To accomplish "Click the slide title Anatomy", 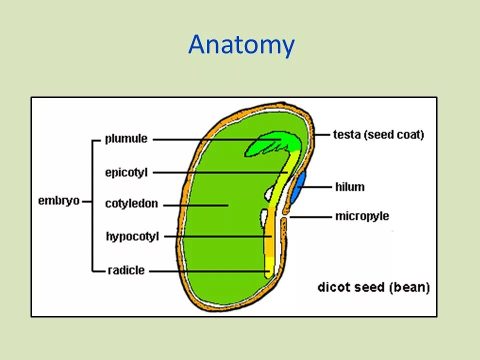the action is pos(241,45).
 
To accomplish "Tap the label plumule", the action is pos(126,139).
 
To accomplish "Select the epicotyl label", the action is pos(126,173).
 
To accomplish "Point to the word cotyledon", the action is pos(131,204).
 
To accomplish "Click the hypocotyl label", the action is pos(132,236).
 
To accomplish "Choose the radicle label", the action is pos(126,270).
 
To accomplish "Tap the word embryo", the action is pos(58,201).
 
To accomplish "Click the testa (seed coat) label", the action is pos(378,134).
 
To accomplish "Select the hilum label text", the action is pos(349,187).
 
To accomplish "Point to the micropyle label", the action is pos(362,216).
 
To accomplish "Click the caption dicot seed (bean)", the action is pos(373,287).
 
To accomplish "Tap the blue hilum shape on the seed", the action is pos(299,187).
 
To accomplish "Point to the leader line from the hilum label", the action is pos(318,187).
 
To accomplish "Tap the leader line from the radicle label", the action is pos(210,271).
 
